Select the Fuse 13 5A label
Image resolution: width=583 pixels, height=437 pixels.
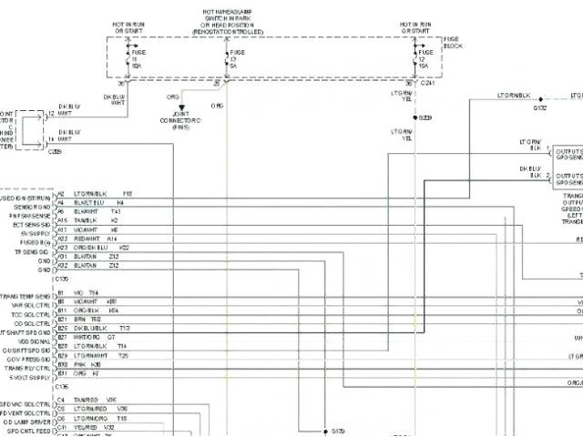point(233,62)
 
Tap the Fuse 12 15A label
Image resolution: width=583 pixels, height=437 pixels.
point(423,62)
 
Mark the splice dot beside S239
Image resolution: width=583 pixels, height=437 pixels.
point(414,118)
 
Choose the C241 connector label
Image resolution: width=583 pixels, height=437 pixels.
point(435,84)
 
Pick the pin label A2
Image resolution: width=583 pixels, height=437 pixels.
point(61,194)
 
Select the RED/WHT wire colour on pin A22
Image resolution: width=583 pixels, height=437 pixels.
point(87,239)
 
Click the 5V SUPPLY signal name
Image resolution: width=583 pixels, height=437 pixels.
point(35,234)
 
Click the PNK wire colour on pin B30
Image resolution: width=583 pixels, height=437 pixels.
point(78,364)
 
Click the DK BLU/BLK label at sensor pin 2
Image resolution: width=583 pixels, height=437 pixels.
point(530,171)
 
